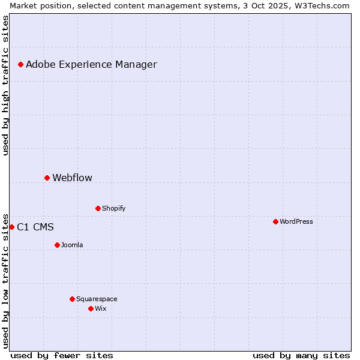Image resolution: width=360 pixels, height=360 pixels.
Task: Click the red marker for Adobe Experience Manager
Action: (x=20, y=64)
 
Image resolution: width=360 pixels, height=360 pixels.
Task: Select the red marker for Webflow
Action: (x=47, y=178)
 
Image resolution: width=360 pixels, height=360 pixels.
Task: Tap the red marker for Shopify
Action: (x=98, y=208)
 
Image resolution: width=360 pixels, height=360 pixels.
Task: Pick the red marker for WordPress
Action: (x=275, y=221)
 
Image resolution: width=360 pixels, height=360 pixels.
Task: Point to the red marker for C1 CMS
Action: (x=11, y=227)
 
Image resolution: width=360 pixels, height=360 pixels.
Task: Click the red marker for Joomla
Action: (x=57, y=245)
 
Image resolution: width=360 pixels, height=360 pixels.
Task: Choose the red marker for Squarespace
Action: (x=72, y=299)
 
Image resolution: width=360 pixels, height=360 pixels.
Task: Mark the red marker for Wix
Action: (x=91, y=308)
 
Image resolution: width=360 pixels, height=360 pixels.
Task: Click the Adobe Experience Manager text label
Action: (x=91, y=64)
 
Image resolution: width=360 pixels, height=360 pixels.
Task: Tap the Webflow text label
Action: (x=72, y=178)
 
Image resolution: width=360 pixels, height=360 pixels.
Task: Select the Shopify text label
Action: (x=113, y=208)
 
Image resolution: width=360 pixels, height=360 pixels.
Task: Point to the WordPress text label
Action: (x=296, y=221)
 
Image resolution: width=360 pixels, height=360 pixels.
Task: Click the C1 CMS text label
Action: (x=35, y=227)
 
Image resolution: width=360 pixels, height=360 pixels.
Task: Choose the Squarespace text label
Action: (x=97, y=299)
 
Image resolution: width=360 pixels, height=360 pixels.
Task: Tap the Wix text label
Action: (x=100, y=308)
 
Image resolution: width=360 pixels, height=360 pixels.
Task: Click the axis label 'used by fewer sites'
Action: (x=62, y=355)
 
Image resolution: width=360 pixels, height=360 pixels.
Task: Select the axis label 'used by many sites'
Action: (x=301, y=355)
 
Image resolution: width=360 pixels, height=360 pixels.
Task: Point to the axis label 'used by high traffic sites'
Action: (x=5, y=85)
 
